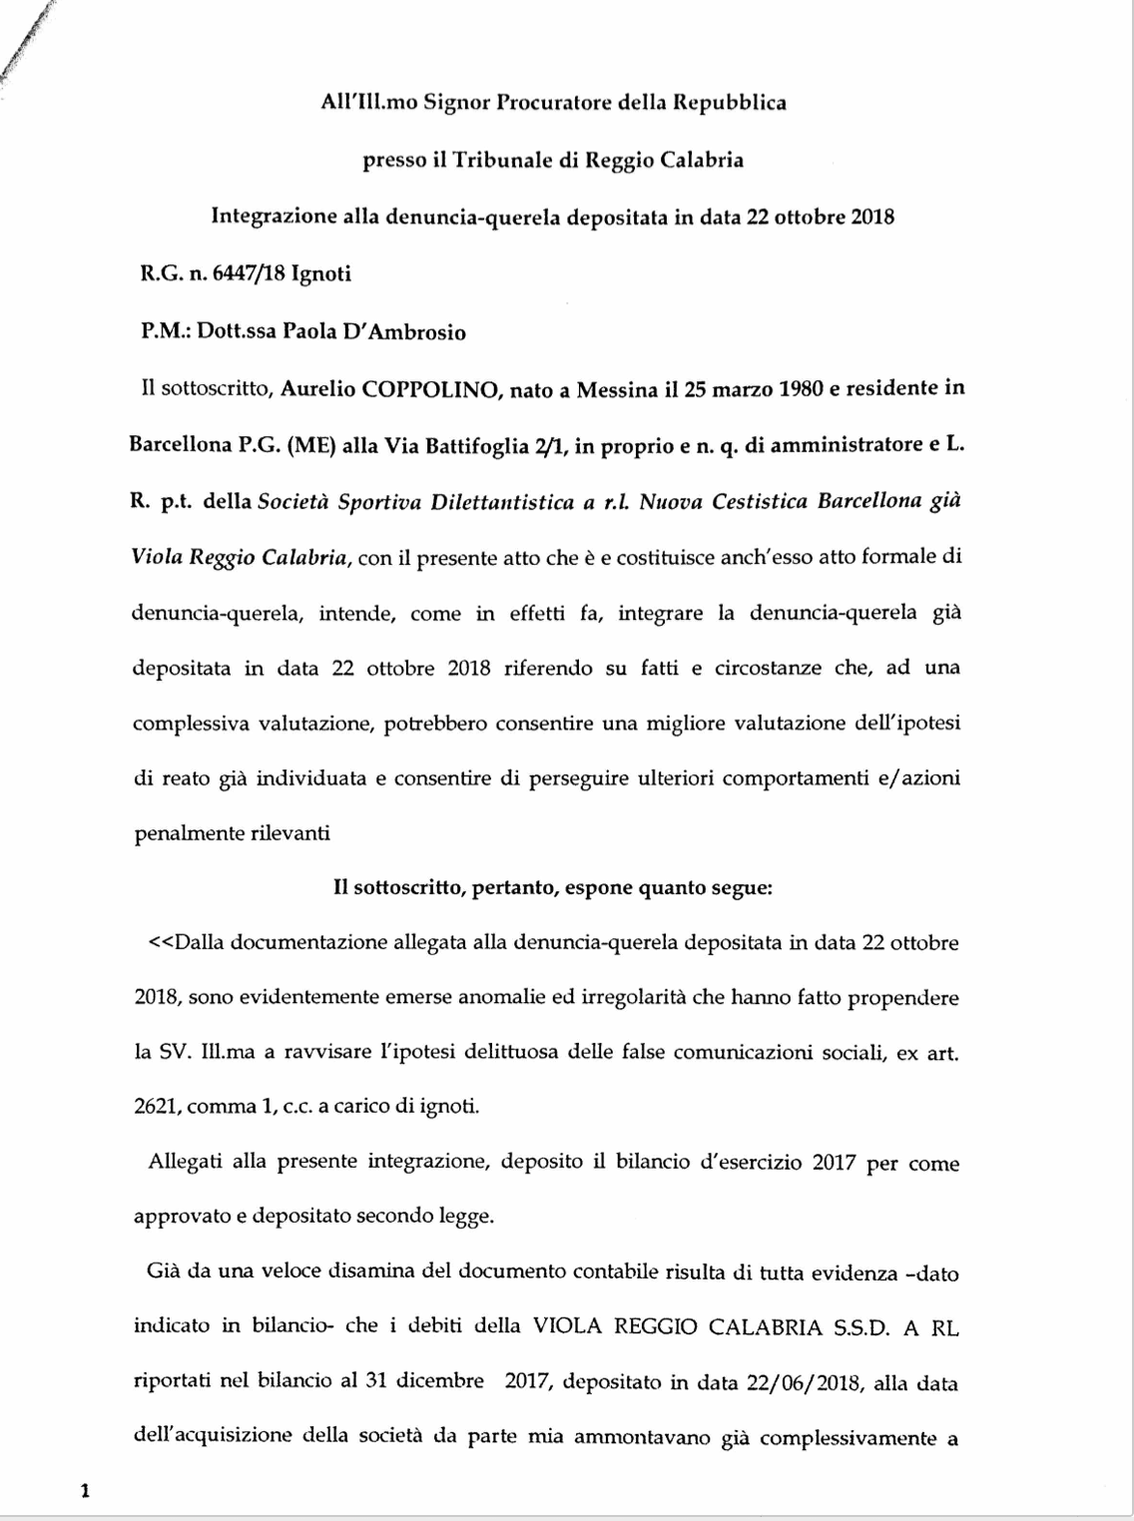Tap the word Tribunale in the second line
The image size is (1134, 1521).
(505, 160)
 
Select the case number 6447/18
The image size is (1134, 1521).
(244, 273)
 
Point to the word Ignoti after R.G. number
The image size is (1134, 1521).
(320, 273)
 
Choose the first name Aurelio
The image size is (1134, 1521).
(316, 389)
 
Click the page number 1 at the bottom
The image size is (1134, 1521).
(85, 1492)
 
